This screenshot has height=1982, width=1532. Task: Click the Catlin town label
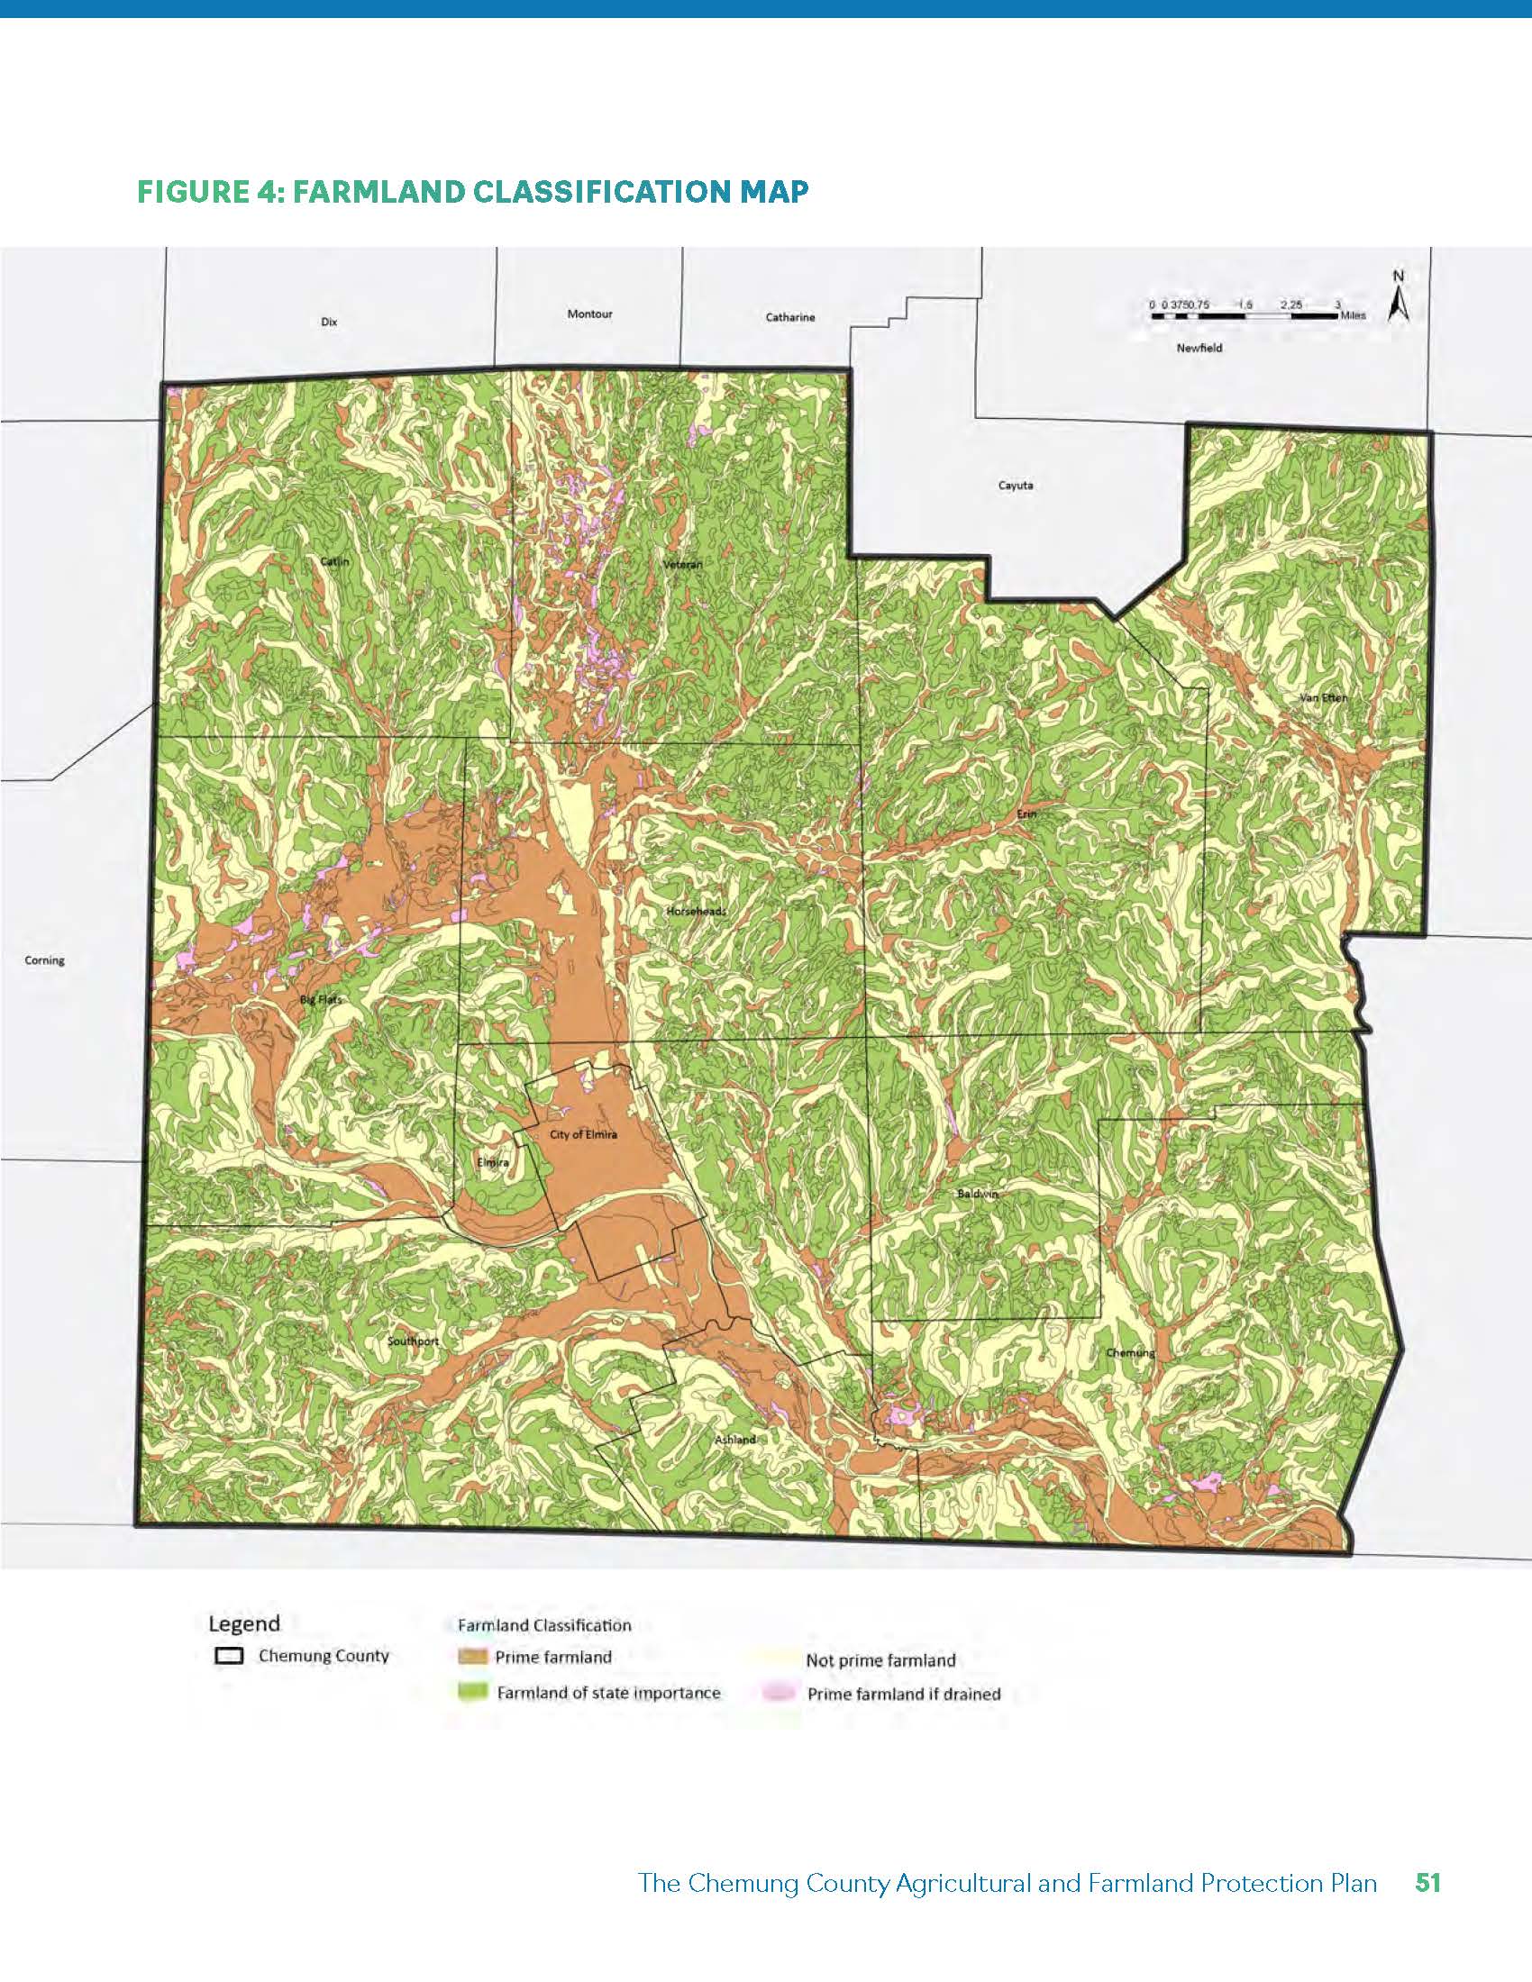[x=334, y=562]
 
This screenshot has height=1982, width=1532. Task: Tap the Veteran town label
[x=683, y=565]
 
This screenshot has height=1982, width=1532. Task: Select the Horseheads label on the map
[x=696, y=910]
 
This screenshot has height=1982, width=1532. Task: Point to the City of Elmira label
[x=583, y=1135]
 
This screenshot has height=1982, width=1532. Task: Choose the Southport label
[x=413, y=1341]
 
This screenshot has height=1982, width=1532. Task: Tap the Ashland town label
[x=734, y=1440]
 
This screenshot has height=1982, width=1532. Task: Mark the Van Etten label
[x=1323, y=698]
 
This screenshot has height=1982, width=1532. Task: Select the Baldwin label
[x=978, y=1195]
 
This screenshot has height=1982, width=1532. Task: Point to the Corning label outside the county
[x=44, y=960]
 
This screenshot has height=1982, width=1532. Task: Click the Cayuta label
[x=1015, y=486]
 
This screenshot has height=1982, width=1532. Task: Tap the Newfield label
[x=1199, y=348]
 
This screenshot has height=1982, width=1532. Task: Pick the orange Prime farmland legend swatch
[x=471, y=1657]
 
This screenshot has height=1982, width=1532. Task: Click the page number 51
[x=1427, y=1882]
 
